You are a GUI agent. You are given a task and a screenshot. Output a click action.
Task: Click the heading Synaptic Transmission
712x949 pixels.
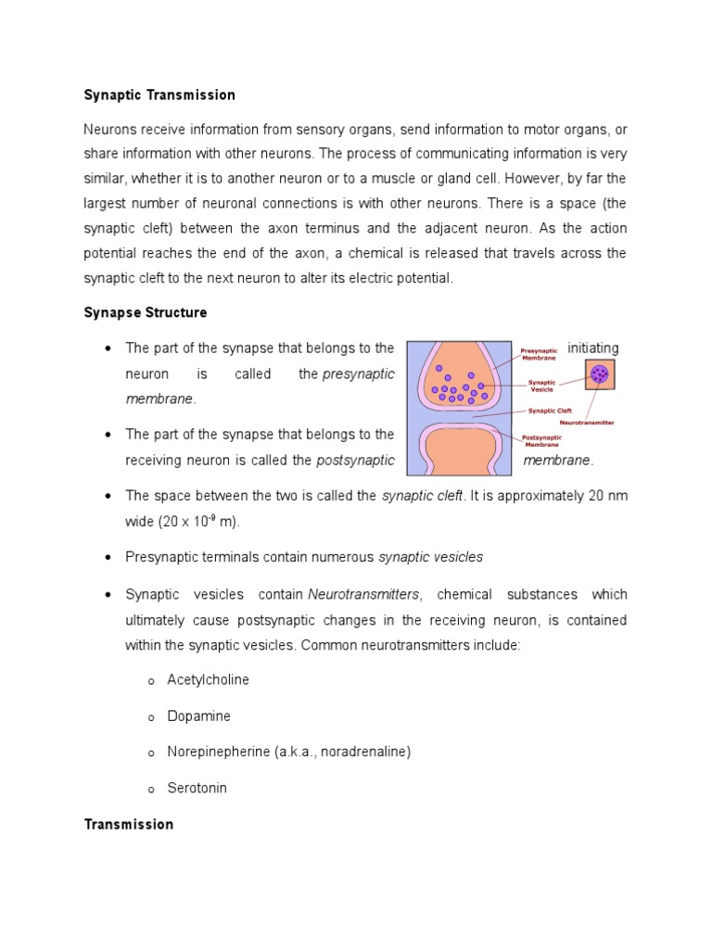[159, 95]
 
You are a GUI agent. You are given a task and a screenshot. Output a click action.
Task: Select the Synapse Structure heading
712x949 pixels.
[146, 312]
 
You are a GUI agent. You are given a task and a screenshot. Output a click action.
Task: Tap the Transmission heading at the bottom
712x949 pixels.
[129, 824]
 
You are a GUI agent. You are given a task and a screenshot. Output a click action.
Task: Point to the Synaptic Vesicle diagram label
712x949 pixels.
[541, 385]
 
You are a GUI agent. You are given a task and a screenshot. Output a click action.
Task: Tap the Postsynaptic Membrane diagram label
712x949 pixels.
[541, 440]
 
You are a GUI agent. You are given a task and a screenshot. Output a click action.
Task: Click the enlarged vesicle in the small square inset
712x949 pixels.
[600, 374]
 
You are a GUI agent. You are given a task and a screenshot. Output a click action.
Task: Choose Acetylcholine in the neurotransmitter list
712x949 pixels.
[208, 679]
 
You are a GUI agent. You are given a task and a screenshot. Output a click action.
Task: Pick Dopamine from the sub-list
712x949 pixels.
[198, 715]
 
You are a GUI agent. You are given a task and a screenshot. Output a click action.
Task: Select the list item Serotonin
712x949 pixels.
[197, 788]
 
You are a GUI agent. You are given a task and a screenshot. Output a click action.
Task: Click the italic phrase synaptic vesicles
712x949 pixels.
[430, 557]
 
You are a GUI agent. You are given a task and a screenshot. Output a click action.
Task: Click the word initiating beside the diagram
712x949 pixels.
[592, 348]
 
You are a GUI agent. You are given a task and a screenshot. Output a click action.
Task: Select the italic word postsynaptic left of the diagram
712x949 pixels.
[355, 461]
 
